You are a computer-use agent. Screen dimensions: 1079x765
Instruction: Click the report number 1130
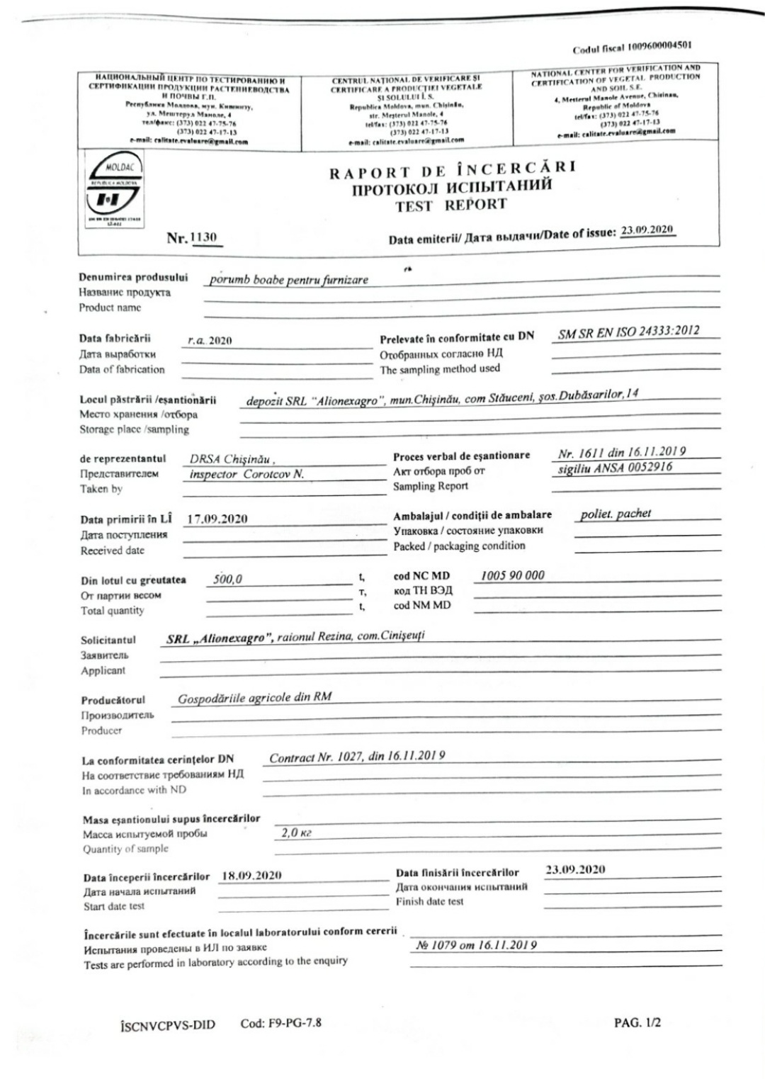pos(203,237)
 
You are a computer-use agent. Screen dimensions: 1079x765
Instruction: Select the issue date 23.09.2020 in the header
pos(647,230)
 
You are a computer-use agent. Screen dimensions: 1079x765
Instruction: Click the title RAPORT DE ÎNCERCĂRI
pos(452,171)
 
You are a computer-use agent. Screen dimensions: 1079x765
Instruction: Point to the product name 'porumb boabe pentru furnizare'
pos(289,279)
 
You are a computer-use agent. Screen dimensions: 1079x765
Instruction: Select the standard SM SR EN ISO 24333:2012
pos(628,332)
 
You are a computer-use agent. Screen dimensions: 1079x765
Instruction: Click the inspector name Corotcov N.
pos(274,474)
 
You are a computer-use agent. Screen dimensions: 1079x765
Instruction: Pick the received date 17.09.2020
pos(217,519)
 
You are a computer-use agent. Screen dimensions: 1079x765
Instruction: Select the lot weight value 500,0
pos(227,579)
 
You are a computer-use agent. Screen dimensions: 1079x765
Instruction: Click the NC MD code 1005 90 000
pos(512,575)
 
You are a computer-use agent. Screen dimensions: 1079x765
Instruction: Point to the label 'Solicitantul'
pos(108,640)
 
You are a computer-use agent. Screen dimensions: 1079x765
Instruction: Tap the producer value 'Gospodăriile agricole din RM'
pos(254,697)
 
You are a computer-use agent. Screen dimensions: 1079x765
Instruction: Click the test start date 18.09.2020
pos(251,875)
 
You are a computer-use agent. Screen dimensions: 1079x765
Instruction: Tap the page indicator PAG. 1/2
pos(637,1022)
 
